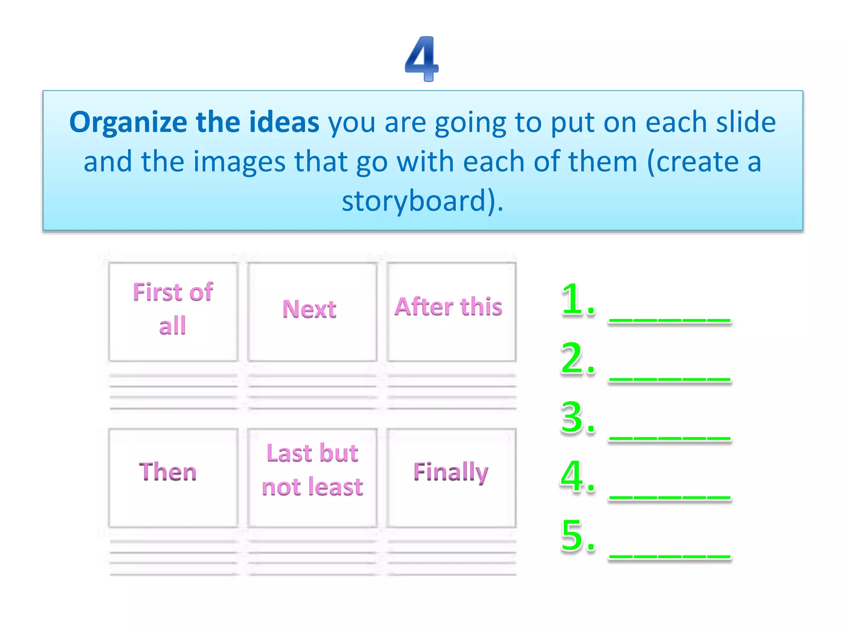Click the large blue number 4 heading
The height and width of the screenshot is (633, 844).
coord(422,59)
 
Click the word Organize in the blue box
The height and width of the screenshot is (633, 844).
coord(128,122)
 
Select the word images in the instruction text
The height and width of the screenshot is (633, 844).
coord(239,162)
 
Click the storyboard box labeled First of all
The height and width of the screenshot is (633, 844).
coord(173,312)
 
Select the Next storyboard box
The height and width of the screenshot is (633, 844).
coord(312,312)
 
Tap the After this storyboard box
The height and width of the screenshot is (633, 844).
coord(451,312)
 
